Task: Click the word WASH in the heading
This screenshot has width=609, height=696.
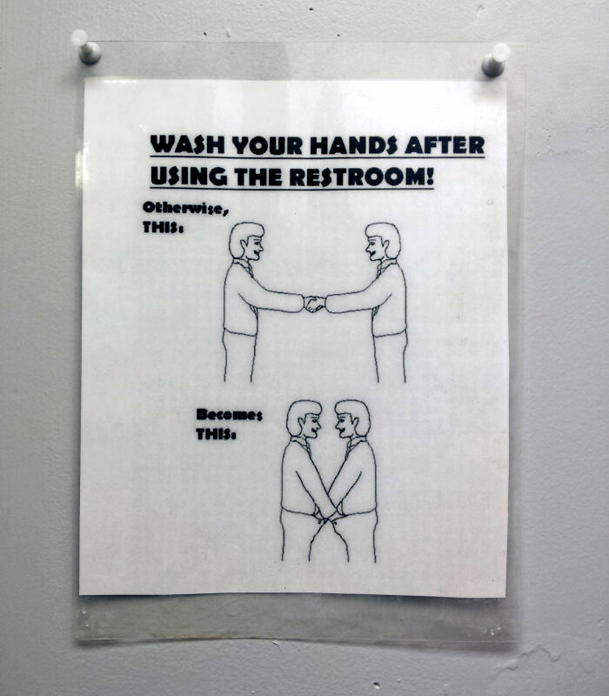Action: (x=177, y=144)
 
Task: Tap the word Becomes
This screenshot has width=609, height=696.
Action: (x=228, y=415)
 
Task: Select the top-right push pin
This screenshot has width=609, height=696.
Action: (x=495, y=62)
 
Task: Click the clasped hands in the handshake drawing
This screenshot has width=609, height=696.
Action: (x=314, y=304)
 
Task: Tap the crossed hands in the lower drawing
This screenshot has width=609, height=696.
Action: (x=328, y=517)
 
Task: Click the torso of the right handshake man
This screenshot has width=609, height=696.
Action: (x=388, y=300)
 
